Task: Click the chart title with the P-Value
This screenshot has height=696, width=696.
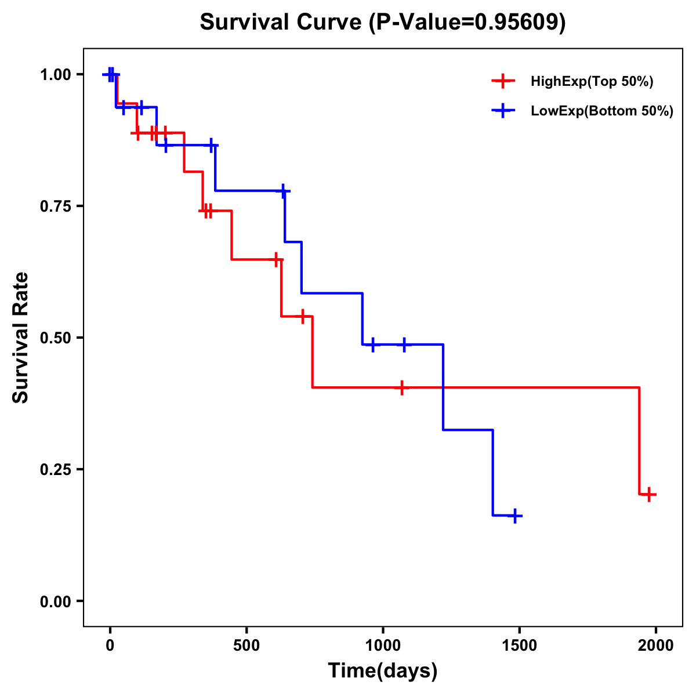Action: pyautogui.click(x=382, y=23)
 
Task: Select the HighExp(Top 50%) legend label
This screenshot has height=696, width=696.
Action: pyautogui.click(x=592, y=82)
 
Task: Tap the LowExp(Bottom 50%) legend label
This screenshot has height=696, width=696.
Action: pyautogui.click(x=602, y=111)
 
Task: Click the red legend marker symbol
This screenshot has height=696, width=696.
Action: pyautogui.click(x=503, y=81)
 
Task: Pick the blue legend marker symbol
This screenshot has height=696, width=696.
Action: pyautogui.click(x=503, y=111)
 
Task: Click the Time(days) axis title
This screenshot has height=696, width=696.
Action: pyautogui.click(x=383, y=671)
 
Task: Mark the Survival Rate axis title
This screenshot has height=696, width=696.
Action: pyautogui.click(x=21, y=338)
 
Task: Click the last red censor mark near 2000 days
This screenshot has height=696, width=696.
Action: pyautogui.click(x=650, y=495)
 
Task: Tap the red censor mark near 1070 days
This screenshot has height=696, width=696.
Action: pyautogui.click(x=401, y=387)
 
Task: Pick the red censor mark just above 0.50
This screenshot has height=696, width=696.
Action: pyautogui.click(x=303, y=317)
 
